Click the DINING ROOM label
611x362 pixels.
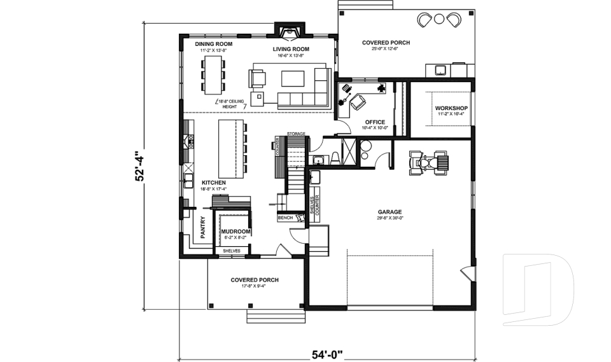coord(213,44)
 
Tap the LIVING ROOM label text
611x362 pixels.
coord(291,49)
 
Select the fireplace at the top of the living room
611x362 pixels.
coord(290,29)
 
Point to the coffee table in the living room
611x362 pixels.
coord(293,79)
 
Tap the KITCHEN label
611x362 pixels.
coord(214,183)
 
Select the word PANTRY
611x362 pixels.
coord(203,227)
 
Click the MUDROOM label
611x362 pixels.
coord(235,231)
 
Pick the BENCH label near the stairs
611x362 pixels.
coord(284,218)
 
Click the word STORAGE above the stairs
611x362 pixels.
coord(296,134)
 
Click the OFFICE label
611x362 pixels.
coord(375,122)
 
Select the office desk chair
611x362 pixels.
coord(358,102)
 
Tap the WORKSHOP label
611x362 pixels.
coord(451,108)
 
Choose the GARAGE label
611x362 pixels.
coord(389,212)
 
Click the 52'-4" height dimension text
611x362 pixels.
coord(140,166)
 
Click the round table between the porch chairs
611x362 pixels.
coord(439,19)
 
